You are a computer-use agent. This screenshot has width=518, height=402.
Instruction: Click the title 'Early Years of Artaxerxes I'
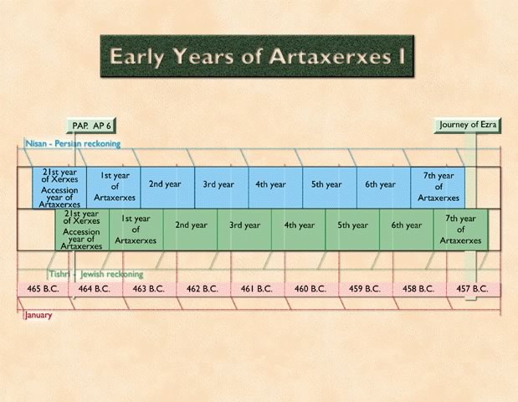(257, 56)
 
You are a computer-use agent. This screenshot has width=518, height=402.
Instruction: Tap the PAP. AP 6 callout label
(91, 126)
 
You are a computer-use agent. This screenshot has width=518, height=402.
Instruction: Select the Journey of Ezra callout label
(468, 125)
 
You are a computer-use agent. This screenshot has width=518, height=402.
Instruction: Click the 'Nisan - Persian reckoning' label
(73, 144)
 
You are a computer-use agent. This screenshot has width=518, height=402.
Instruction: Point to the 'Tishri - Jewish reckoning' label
(96, 274)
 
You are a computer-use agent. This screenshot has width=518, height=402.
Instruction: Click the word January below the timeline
(38, 315)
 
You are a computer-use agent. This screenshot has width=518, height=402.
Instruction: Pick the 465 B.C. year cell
(43, 289)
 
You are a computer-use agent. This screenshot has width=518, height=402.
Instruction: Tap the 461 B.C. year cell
(257, 289)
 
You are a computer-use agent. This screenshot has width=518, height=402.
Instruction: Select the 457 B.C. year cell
(473, 289)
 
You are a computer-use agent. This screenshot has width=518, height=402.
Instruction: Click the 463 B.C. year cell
(149, 289)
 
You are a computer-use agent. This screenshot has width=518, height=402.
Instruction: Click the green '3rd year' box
(244, 229)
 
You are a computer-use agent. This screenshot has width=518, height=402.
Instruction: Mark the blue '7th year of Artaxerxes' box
(438, 188)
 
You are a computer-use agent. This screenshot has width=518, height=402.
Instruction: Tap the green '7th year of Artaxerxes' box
(460, 229)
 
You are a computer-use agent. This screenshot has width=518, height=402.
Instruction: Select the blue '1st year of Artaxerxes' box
(114, 188)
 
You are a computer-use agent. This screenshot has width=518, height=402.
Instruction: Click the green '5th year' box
(352, 229)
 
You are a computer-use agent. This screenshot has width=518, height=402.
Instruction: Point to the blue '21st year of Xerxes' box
(59, 188)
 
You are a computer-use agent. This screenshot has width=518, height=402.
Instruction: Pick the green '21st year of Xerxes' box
(82, 229)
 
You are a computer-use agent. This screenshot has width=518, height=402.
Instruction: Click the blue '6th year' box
(383, 188)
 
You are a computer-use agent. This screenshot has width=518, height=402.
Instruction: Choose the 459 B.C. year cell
(365, 289)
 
